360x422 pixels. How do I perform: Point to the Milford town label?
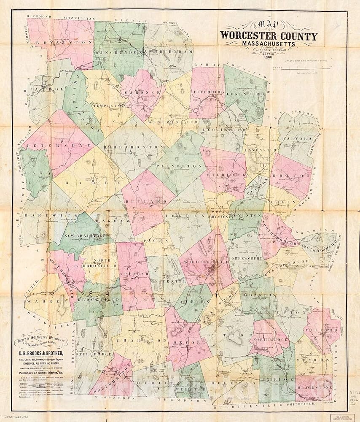coord(324,328)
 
